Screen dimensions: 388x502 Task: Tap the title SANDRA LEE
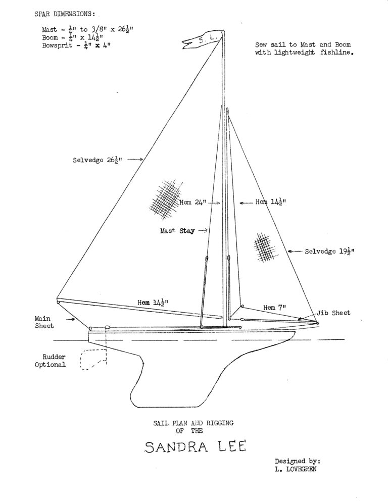[195, 446]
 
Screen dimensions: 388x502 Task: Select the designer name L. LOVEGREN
[296, 469]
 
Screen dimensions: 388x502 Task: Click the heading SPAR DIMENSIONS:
[65, 14]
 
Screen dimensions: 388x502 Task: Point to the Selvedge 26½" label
[97, 160]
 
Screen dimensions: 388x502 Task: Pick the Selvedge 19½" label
[329, 252]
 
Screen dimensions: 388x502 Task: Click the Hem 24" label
[192, 203]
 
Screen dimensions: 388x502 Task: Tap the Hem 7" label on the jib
[274, 308]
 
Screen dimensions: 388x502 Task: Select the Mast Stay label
[177, 230]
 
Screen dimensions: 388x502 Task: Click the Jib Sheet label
[333, 313]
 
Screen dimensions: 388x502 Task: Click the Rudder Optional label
[51, 361]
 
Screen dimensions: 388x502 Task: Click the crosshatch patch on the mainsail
[165, 199]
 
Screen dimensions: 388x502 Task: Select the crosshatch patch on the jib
[265, 247]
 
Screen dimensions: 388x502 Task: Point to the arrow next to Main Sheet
[71, 319]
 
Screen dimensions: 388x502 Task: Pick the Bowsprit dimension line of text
[76, 45]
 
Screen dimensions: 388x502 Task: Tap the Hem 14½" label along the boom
[153, 302]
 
